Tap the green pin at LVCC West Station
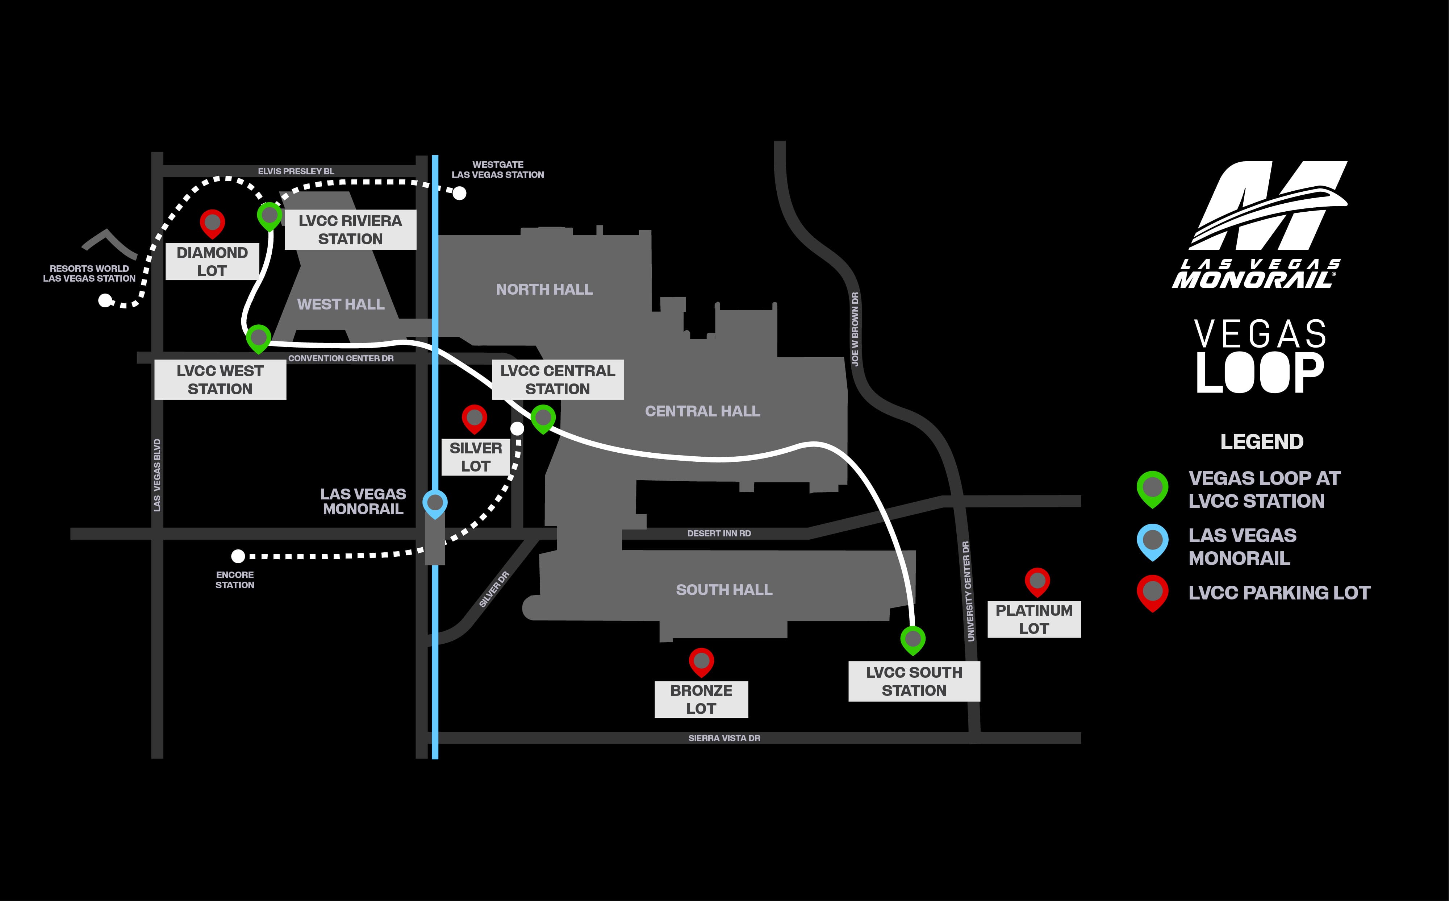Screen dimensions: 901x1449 [x=259, y=338]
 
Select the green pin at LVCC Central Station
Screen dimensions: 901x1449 [x=543, y=417]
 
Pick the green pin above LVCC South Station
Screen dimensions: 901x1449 [x=913, y=639]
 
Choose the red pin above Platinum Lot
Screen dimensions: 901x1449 [x=1037, y=581]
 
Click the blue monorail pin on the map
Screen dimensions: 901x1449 [x=435, y=503]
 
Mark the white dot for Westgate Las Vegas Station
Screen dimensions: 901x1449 [x=459, y=193]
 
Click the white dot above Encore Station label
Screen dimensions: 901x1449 [x=238, y=556]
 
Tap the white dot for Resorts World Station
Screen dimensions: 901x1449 [x=105, y=301]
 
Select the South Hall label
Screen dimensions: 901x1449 [x=724, y=590]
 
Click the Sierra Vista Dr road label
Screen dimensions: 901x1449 [x=724, y=738]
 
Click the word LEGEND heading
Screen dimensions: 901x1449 [x=1261, y=441]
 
